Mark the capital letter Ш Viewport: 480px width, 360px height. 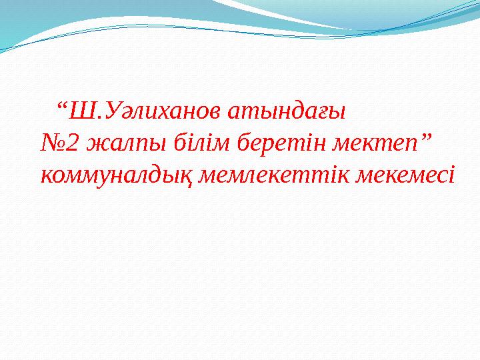click(x=79, y=109)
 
